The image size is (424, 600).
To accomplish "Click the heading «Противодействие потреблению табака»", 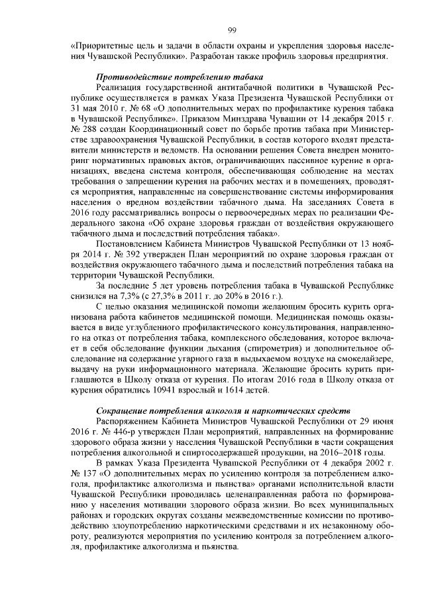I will point(180,78).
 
